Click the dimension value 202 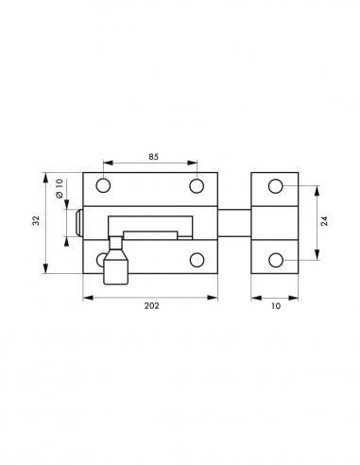150,306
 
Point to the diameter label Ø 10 58,190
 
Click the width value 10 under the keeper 275,306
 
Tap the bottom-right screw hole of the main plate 197,259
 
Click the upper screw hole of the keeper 275,185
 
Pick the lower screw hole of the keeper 275,259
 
